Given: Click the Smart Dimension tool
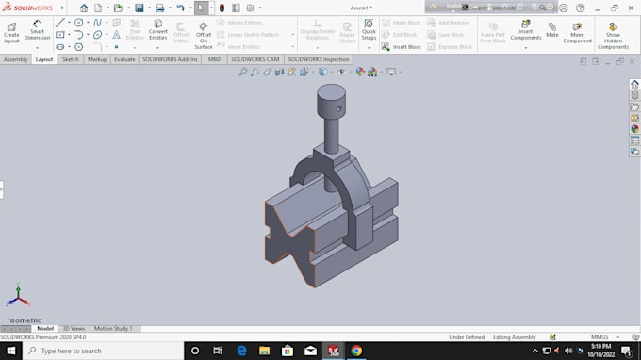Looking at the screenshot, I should pos(37,30).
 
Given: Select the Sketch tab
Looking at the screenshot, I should pos(71,59).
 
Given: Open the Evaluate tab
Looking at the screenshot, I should pos(124,59).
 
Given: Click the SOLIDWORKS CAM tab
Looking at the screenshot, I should pos(255,59).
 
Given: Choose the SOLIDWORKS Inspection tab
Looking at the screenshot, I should pos(319,59).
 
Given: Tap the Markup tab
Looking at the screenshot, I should pos(97,59).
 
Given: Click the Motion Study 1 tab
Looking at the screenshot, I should pos(112,328).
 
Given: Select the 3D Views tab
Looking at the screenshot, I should pos(74,328).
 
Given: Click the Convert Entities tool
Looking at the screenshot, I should pos(157,30).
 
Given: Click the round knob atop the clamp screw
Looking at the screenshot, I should pos(330,96).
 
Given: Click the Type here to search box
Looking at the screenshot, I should pos(104,351).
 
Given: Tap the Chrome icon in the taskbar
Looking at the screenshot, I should pos(356,351).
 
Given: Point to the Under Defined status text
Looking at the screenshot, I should pos(467,336).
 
